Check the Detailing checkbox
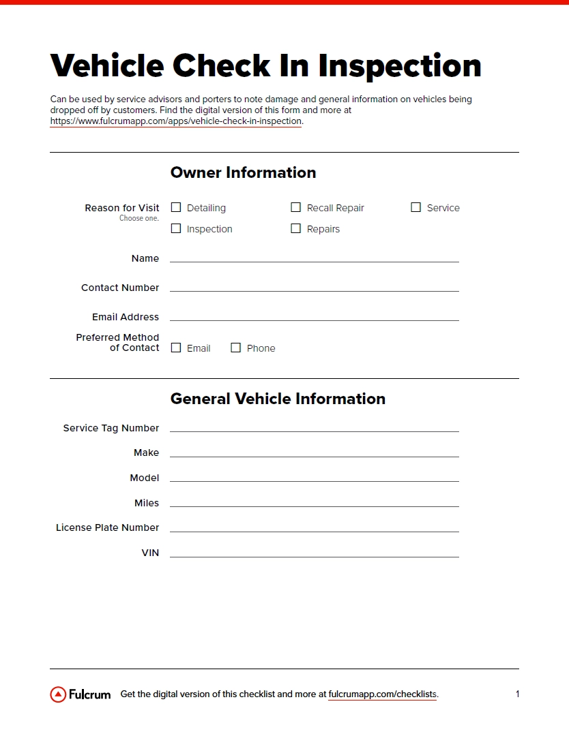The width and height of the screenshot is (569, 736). pyautogui.click(x=176, y=207)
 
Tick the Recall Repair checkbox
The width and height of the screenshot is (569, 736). pyautogui.click(x=296, y=207)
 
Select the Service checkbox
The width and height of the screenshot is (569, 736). pyautogui.click(x=416, y=207)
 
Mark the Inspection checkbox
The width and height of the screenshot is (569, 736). pyautogui.click(x=176, y=228)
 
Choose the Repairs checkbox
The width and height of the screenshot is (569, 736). pyautogui.click(x=296, y=228)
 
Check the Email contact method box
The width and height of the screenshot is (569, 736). pyautogui.click(x=176, y=348)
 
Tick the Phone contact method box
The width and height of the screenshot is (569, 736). pyautogui.click(x=236, y=348)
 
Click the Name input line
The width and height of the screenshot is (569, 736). pyautogui.click(x=314, y=257)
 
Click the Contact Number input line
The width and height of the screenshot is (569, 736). pyautogui.click(x=314, y=286)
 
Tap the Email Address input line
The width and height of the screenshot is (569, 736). pyautogui.click(x=314, y=316)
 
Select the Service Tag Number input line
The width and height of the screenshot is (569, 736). pyautogui.click(x=314, y=427)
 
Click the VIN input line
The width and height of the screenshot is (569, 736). pyautogui.click(x=314, y=552)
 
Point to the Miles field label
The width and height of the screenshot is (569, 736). pyautogui.click(x=147, y=503)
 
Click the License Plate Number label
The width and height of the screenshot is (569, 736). pyautogui.click(x=108, y=527)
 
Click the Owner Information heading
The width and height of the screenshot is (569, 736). pyautogui.click(x=243, y=172)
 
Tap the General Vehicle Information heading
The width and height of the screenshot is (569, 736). pyautogui.click(x=278, y=399)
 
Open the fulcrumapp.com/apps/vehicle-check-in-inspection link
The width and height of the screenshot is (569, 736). pyautogui.click(x=176, y=121)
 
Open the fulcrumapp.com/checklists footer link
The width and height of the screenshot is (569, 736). pyautogui.click(x=382, y=694)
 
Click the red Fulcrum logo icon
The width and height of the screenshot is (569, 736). pyautogui.click(x=58, y=694)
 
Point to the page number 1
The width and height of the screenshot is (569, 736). pyautogui.click(x=517, y=694)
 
